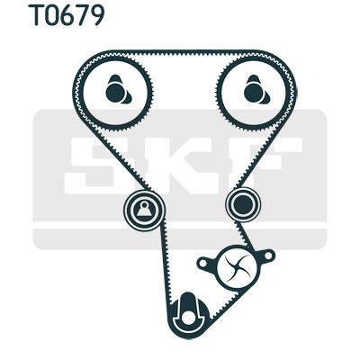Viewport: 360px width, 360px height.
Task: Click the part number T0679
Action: (x=66, y=14)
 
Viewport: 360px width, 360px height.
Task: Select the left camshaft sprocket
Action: (x=115, y=92)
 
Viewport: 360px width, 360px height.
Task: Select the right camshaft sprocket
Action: (x=254, y=92)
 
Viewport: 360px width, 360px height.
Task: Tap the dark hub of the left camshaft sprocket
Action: (x=115, y=93)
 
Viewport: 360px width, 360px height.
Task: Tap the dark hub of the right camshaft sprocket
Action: (x=254, y=93)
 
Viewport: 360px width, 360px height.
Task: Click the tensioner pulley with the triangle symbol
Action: (x=144, y=211)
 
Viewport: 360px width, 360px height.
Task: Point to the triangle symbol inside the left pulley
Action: (x=144, y=210)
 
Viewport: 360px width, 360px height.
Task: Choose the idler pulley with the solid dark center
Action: (x=243, y=204)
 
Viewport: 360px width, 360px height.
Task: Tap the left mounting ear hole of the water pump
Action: (x=203, y=264)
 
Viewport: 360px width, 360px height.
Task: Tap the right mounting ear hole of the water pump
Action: (x=268, y=256)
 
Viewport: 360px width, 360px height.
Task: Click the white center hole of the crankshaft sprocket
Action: (x=188, y=318)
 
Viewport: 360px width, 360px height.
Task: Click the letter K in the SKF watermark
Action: (x=179, y=166)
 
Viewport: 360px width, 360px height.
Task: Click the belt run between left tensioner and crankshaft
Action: (x=166, y=264)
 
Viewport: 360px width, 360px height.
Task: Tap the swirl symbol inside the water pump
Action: (x=237, y=267)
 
